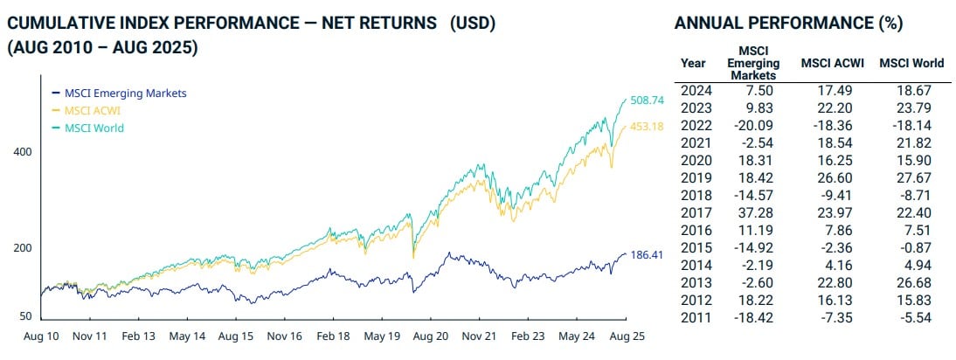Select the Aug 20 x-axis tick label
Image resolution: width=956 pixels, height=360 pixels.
coord(428,336)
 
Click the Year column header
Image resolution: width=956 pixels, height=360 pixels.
coord(694,63)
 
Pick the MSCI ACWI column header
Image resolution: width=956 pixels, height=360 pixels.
coord(830,63)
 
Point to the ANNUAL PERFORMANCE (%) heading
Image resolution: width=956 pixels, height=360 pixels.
coord(789,24)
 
